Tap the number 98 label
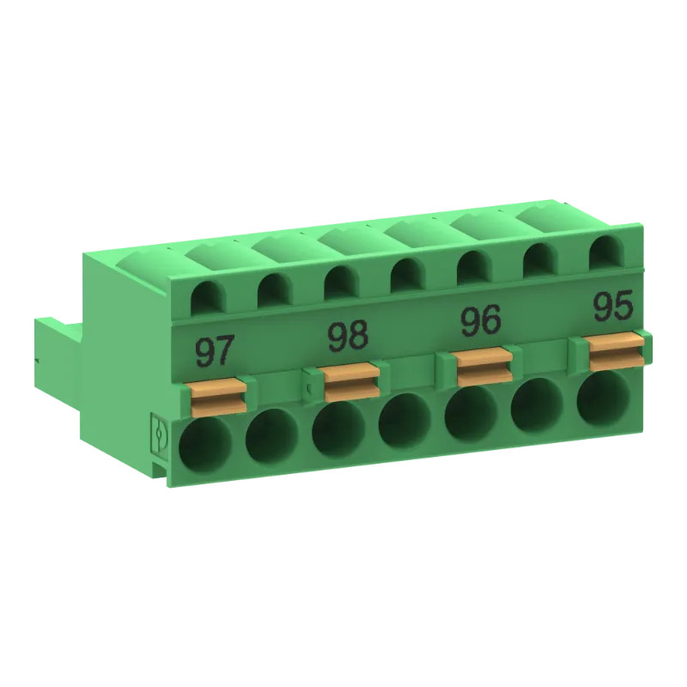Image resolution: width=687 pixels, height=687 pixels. point(348,337)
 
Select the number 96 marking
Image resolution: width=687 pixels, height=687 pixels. point(481,321)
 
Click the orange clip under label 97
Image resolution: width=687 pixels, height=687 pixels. point(218,394)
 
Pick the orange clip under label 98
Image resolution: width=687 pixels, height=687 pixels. point(351,379)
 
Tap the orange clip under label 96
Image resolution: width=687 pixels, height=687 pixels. point(483,364)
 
